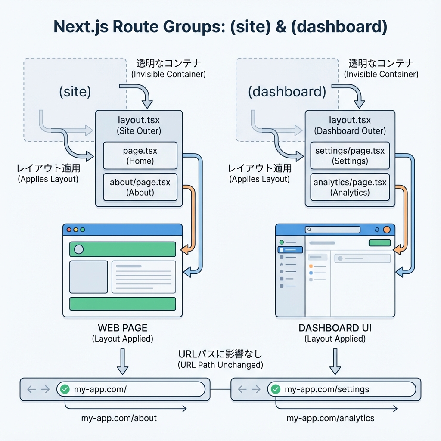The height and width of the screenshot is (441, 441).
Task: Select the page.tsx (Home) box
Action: pos(140,156)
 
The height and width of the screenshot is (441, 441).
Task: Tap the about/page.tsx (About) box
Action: pos(140,187)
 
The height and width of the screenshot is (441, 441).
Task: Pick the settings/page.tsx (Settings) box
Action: pos(350,156)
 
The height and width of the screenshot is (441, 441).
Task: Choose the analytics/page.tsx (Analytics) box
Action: pos(350,187)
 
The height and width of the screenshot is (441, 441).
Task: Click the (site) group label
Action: pos(75,92)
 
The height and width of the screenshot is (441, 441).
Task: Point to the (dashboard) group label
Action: pos(287,92)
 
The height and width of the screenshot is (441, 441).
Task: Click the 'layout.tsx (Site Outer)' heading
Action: pos(139,125)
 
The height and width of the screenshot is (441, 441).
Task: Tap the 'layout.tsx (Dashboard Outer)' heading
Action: pos(350,125)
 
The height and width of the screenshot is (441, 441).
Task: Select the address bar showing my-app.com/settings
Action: pos(341,389)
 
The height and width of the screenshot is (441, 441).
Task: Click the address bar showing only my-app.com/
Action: pos(130,389)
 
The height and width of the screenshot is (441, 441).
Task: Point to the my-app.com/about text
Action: pos(119,418)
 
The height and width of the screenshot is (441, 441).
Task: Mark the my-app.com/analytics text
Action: pos(330,418)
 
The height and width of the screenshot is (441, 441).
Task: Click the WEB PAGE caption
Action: pos(122,328)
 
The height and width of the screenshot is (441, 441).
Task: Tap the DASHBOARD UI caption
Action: pos(335,328)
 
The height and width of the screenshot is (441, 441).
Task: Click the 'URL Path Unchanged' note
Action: pos(220,365)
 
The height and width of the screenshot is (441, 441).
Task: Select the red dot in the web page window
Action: pos(69,230)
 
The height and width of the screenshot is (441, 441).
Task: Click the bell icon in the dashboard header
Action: pos(377,230)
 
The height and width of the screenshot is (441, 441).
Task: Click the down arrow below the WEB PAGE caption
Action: pos(122,361)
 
